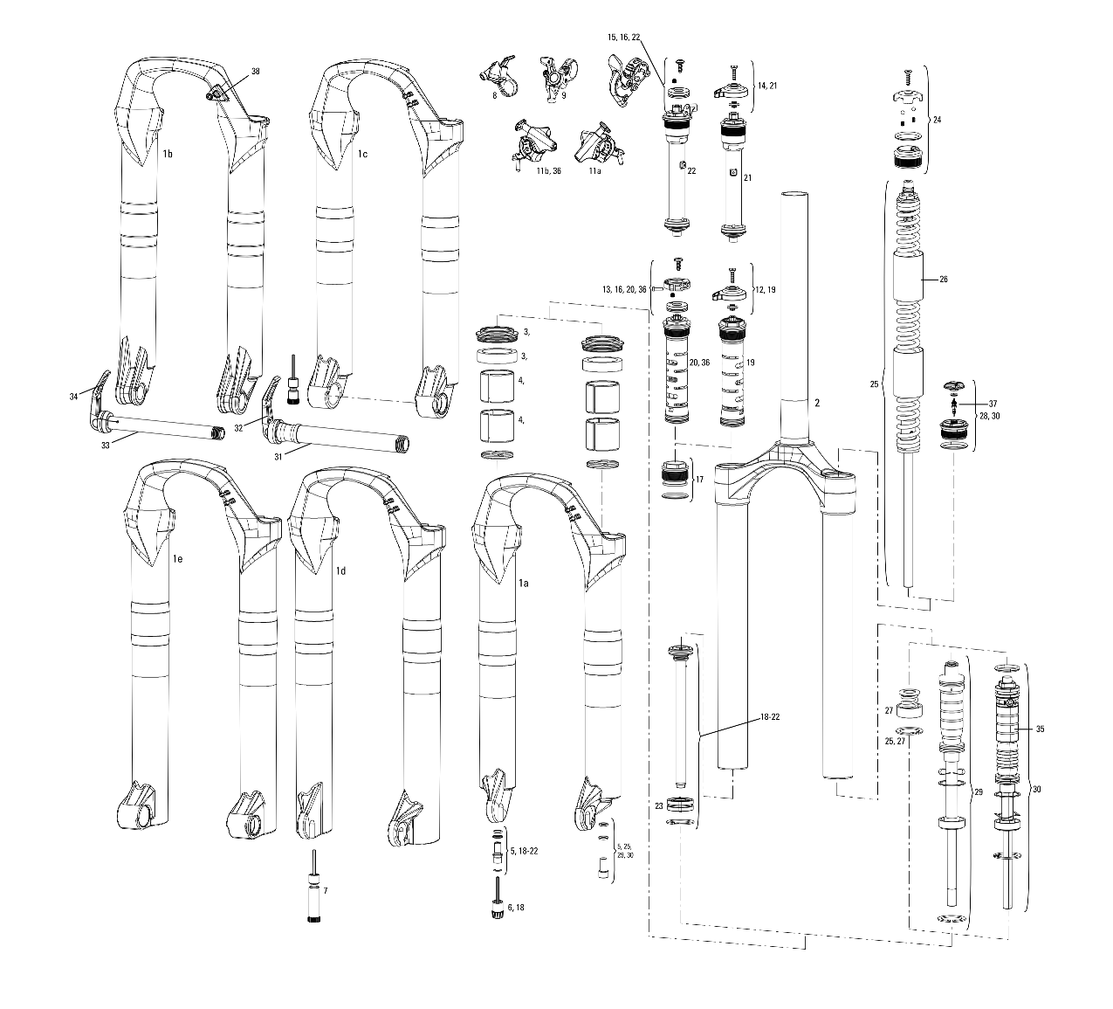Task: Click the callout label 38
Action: pyautogui.click(x=255, y=72)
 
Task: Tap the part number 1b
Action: pyautogui.click(x=168, y=154)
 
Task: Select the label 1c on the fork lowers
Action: pyautogui.click(x=362, y=154)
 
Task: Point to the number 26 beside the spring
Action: pyautogui.click(x=943, y=280)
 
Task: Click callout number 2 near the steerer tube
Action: pyautogui.click(x=817, y=403)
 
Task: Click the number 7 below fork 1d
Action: pyautogui.click(x=326, y=890)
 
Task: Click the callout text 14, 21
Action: pyautogui.click(x=767, y=86)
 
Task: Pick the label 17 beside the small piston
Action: pyautogui.click(x=699, y=479)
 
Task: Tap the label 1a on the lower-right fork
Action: pyautogui.click(x=524, y=582)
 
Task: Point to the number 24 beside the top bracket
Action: pyautogui.click(x=938, y=119)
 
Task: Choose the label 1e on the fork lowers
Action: pyautogui.click(x=177, y=557)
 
